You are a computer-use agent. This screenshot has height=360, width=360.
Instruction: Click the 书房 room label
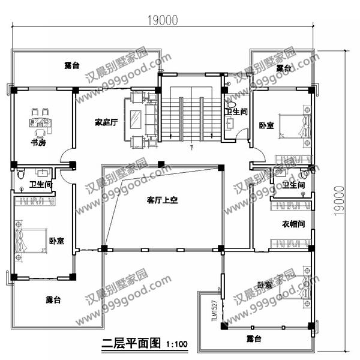click(x=38, y=143)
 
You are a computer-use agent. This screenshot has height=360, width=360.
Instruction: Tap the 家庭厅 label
click(x=106, y=122)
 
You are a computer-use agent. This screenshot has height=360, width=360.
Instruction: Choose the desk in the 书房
click(x=40, y=124)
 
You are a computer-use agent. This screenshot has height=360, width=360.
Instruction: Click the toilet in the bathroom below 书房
click(x=22, y=175)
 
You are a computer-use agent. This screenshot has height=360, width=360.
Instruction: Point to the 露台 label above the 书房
click(x=72, y=65)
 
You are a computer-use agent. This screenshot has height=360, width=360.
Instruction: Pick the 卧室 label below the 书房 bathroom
click(x=56, y=241)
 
